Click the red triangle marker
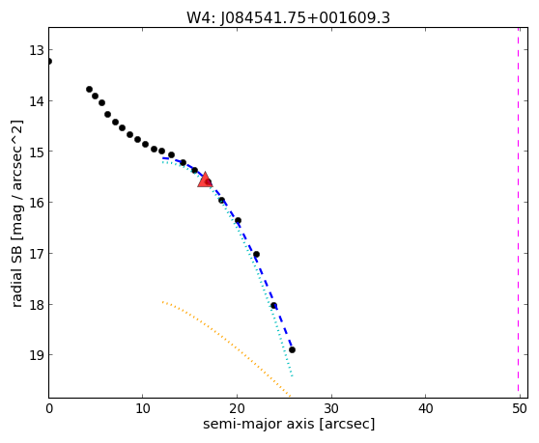point(205,180)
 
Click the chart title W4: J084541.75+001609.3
point(288,17)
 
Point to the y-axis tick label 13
point(37,50)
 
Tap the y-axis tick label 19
point(37,355)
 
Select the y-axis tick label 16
point(37,203)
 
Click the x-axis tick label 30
point(331,409)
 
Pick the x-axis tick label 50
point(520,409)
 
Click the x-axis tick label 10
point(143,409)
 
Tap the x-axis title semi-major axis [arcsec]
point(289,424)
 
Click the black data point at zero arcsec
point(49,62)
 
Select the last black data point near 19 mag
point(292,350)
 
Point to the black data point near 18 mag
point(273,306)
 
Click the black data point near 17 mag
point(256,255)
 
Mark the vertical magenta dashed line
point(518,213)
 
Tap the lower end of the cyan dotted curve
point(292,376)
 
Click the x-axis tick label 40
point(425,409)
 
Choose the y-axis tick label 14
point(37,101)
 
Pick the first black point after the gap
point(90,90)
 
